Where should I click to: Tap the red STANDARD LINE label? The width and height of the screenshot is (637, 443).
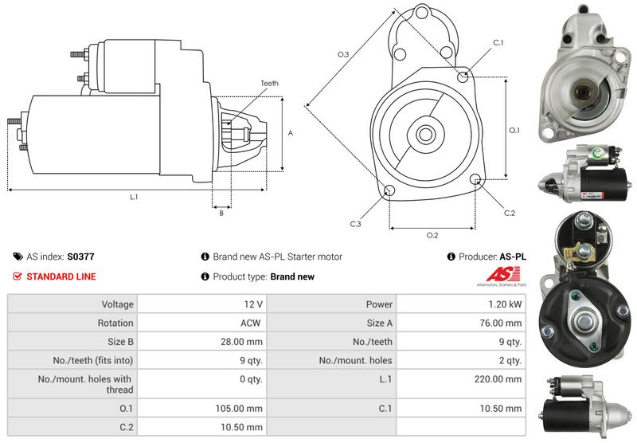[x=61, y=276]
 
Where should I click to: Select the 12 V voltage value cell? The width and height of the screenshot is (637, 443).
[x=254, y=304]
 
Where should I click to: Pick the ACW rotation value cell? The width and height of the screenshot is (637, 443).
[x=250, y=323]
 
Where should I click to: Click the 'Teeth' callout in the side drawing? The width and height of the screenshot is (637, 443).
[x=269, y=84]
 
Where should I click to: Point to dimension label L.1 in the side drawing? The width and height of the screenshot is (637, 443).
[x=134, y=196]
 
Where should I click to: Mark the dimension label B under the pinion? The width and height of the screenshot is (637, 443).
[x=221, y=212]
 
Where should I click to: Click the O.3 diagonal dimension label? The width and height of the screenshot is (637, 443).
[x=343, y=54]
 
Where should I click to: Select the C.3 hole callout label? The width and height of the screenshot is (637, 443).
[x=355, y=224]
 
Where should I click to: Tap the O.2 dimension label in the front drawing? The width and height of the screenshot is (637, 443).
[x=432, y=235]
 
